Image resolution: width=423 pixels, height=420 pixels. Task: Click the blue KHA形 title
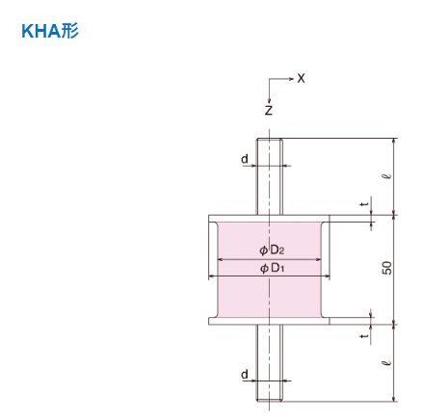(49, 30)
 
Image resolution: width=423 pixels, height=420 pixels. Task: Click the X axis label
(301, 78)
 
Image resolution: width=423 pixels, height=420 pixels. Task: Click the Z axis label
(269, 110)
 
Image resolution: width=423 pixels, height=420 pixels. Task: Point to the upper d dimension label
(245, 157)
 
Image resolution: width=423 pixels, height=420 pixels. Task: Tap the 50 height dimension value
(386, 269)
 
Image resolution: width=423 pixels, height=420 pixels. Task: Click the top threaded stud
(270, 178)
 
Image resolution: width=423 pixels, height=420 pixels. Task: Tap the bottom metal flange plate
(270, 321)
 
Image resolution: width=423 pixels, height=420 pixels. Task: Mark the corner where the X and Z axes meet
(270, 78)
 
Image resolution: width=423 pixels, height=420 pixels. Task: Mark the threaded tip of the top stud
(270, 144)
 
